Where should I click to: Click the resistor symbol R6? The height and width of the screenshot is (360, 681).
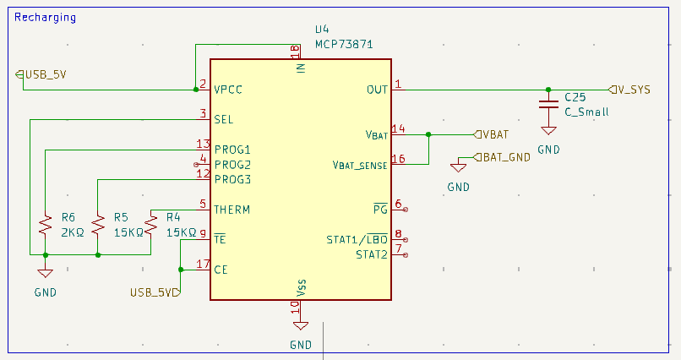[44, 225]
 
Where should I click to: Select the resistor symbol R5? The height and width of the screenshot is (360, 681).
[98, 225]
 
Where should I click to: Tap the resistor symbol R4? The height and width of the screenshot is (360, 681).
[151, 225]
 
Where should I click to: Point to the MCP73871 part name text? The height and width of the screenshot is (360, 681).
[343, 44]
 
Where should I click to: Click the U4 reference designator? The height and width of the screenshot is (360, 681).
[322, 30]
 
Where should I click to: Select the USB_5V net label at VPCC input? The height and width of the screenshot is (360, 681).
[42, 74]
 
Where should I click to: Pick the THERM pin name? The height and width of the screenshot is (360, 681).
[232, 210]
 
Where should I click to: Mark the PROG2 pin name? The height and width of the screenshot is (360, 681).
[232, 164]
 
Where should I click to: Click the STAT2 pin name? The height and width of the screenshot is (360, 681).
[371, 254]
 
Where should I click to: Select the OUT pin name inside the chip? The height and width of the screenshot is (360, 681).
[377, 90]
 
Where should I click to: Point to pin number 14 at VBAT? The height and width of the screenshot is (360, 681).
[399, 129]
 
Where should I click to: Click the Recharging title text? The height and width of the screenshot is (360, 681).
[45, 17]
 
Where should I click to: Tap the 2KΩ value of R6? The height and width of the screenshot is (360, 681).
[73, 232]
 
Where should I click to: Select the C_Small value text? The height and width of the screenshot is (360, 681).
[586, 112]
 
